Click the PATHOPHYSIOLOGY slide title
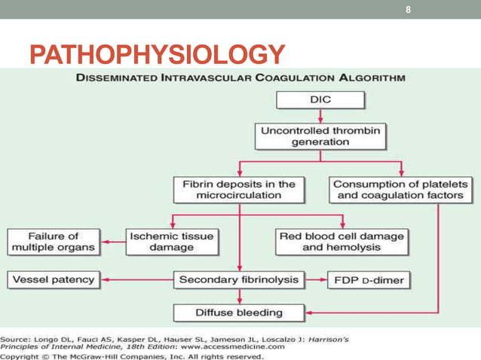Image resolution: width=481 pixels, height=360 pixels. point(158,54)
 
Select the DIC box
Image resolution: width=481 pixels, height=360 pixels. point(320,99)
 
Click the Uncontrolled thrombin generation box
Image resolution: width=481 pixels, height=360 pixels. point(320,136)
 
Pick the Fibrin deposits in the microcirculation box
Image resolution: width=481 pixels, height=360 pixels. point(239,189)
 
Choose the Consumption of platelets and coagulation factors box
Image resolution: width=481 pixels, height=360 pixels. point(400,189)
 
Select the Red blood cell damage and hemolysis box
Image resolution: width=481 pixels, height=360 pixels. point(342,241)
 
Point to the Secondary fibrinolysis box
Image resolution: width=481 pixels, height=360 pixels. point(239,280)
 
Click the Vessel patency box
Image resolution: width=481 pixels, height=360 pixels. point(54,280)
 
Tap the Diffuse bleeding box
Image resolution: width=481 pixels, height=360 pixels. point(239,312)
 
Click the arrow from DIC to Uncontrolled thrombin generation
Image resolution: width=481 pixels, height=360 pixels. point(320,115)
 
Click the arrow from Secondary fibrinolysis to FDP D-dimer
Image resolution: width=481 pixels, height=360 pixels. point(315,280)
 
